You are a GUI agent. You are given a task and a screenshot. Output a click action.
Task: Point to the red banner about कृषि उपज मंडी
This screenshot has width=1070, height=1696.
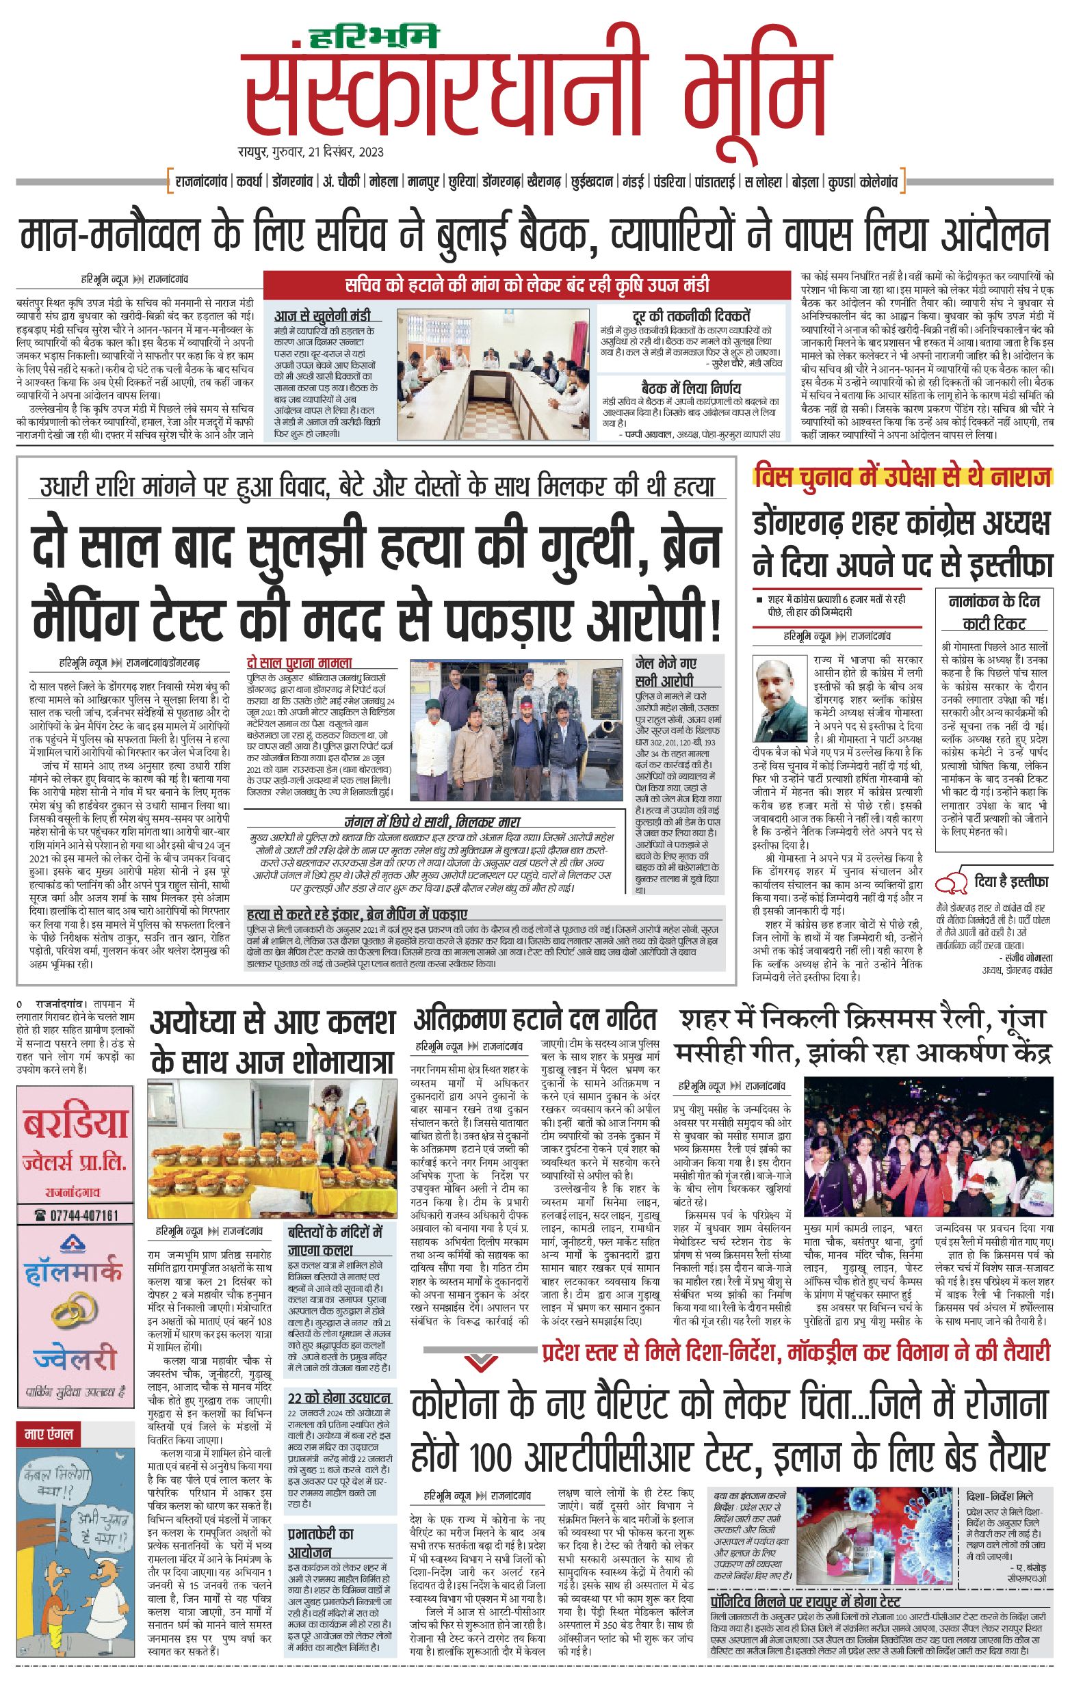tap(527, 285)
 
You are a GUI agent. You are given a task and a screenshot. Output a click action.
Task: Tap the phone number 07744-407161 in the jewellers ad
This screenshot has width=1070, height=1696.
tap(76, 1215)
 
